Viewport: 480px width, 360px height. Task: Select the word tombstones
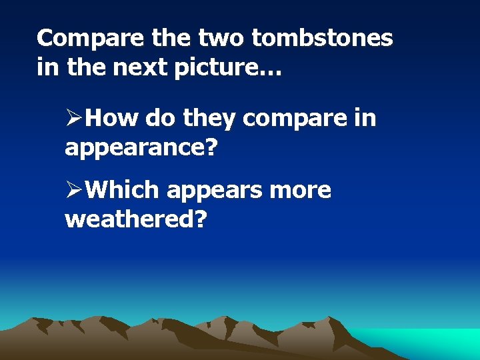point(323,39)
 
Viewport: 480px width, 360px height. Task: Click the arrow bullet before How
point(73,119)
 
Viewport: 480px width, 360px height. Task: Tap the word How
point(112,119)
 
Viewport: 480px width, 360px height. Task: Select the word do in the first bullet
point(160,119)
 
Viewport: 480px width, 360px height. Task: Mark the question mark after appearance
point(211,147)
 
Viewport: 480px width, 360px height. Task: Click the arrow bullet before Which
point(73,190)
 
